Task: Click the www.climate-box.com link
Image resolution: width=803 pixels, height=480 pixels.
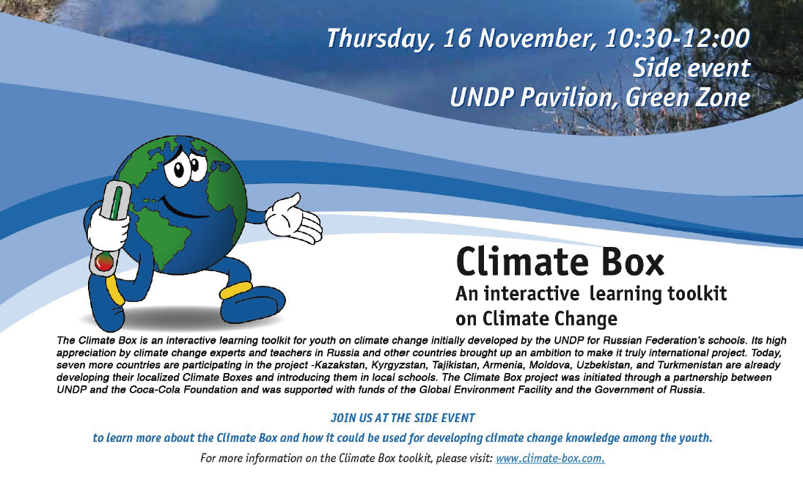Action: pos(551,458)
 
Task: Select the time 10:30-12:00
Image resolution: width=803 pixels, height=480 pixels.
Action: pos(678,39)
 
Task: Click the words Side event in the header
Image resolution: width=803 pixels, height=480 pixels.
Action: pos(692,68)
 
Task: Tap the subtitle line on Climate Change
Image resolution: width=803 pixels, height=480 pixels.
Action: pos(536,319)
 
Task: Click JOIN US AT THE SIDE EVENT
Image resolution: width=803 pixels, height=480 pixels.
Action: pos(403,418)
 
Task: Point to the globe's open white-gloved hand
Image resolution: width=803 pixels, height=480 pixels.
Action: pos(296,219)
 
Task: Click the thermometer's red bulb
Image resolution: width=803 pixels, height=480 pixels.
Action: pos(104,262)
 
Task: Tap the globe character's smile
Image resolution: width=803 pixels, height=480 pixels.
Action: pos(180,207)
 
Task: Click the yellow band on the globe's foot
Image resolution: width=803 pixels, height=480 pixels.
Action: pos(236,290)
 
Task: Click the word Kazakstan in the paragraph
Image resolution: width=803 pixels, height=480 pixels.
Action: pos(341,366)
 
